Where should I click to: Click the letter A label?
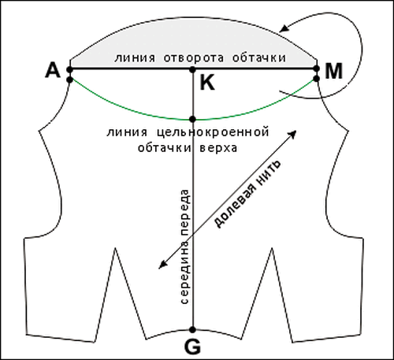[x=53, y=71]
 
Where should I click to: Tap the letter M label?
[x=333, y=71]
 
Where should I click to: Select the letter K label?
[x=207, y=83]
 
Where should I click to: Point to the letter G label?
[x=192, y=347]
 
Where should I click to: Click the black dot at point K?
[x=192, y=69]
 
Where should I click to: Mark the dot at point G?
[x=192, y=329]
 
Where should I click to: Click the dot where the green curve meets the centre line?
[x=192, y=119]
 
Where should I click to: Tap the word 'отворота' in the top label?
[x=194, y=58]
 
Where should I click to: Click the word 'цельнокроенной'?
[x=213, y=132]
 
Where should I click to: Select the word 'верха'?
[x=218, y=148]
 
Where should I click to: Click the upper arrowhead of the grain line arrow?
[x=292, y=134]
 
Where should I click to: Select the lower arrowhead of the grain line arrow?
[x=162, y=265]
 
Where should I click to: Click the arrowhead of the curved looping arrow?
[x=284, y=28]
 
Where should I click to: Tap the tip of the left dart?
[x=115, y=248]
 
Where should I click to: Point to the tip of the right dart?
[x=272, y=248]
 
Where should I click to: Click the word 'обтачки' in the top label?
[x=259, y=58]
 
